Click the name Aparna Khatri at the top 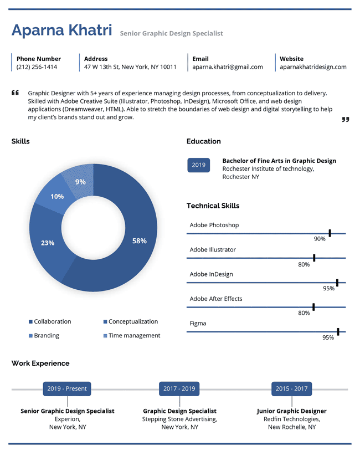click(x=62, y=30)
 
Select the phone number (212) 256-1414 click(x=37, y=67)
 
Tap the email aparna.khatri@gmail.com click(x=228, y=67)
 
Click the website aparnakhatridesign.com click(x=313, y=67)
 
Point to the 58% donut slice click(x=140, y=240)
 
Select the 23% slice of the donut click(x=48, y=243)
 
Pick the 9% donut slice click(x=81, y=181)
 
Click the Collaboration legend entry click(x=50, y=321)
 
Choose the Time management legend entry click(x=132, y=336)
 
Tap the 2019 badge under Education click(x=199, y=165)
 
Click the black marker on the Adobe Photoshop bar click(x=330, y=233)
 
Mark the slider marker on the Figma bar click(x=338, y=332)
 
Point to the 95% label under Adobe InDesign click(x=329, y=288)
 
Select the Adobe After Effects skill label click(x=216, y=299)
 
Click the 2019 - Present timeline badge click(x=67, y=389)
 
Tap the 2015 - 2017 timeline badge click(x=292, y=389)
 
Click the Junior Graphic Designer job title click(x=292, y=411)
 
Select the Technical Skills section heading click(x=213, y=206)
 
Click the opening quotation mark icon click(x=15, y=93)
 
